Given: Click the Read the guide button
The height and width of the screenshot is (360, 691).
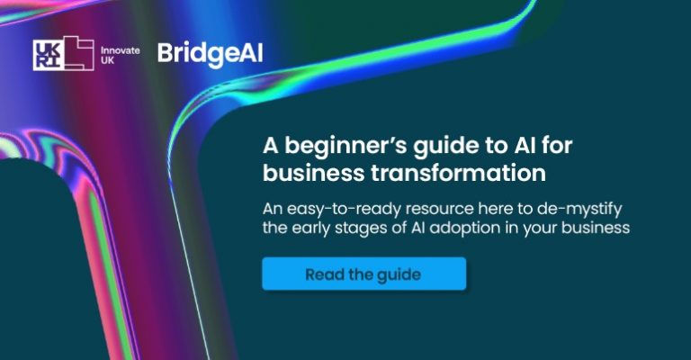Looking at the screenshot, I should coord(363,274).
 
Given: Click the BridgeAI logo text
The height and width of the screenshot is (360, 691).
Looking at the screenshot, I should coord(210,53).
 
